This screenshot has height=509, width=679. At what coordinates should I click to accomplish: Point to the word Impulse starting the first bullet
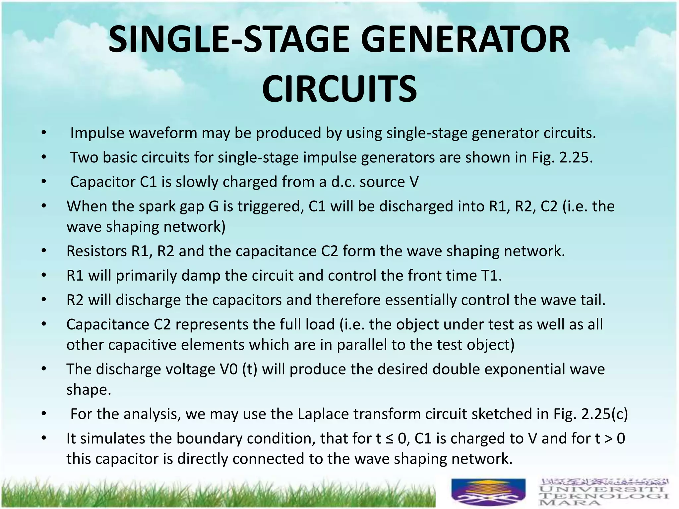click(x=97, y=133)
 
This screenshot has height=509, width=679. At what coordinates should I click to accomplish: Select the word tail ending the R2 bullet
click(x=591, y=300)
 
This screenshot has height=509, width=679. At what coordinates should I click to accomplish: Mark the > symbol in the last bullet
click(x=608, y=439)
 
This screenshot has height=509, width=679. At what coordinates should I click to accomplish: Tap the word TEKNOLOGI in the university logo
click(x=603, y=496)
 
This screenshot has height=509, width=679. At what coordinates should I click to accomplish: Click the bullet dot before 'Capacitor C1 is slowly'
click(x=43, y=182)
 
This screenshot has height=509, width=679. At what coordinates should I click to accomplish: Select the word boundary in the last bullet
click(x=207, y=439)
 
